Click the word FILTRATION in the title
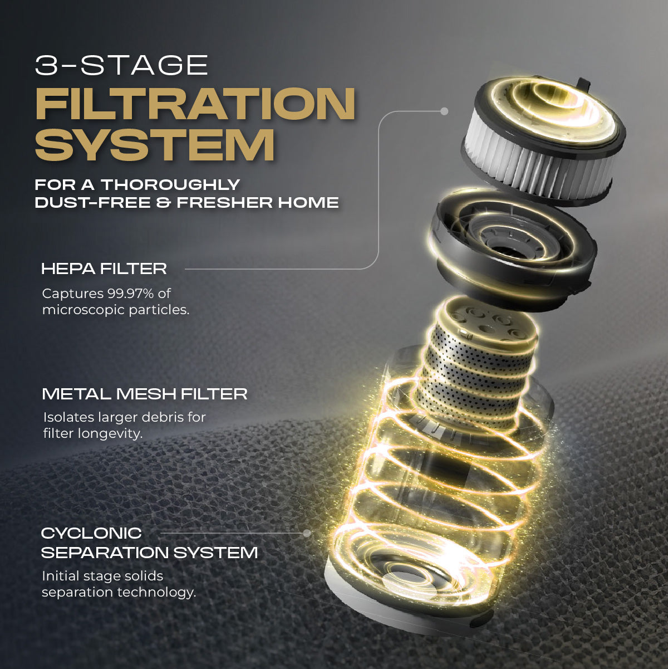[x=195, y=104]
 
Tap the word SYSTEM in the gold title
[x=155, y=145]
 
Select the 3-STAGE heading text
[x=121, y=65]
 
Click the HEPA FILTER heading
[x=104, y=268]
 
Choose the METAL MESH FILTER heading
[x=145, y=394]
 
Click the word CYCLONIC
[x=91, y=533]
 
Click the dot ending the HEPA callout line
[x=444, y=111]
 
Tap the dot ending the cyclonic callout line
[x=307, y=533]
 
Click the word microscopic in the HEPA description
[x=83, y=310]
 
